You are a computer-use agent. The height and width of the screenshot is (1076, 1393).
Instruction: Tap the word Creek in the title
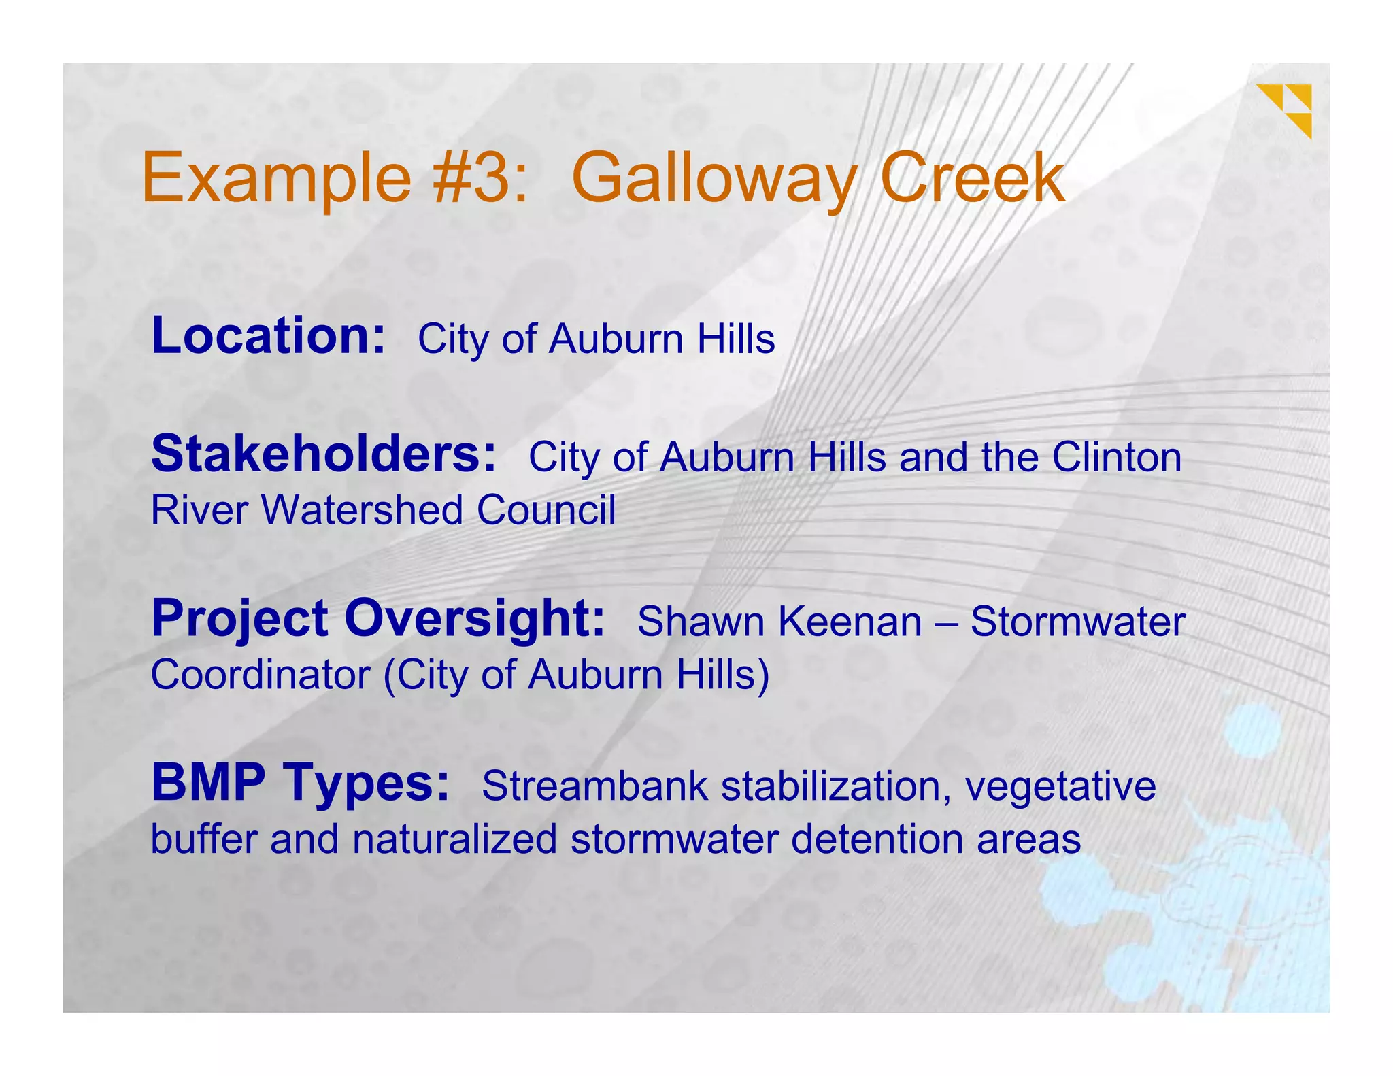[973, 178]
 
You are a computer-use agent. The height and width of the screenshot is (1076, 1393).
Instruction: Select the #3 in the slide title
[480, 178]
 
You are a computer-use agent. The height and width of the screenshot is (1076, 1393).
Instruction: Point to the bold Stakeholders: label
[324, 454]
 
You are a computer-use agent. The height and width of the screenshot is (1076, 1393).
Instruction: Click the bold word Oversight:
[474, 619]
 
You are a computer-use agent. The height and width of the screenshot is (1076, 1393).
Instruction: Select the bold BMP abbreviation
[208, 783]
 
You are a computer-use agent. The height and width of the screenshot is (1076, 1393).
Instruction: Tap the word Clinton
[1116, 457]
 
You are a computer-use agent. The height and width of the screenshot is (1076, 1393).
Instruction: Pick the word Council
[546, 510]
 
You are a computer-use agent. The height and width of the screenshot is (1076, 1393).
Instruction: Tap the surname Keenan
[850, 622]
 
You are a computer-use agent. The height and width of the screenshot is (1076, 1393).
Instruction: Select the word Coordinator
[261, 675]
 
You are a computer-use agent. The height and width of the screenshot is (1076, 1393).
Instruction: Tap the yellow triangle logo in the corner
[1286, 110]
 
